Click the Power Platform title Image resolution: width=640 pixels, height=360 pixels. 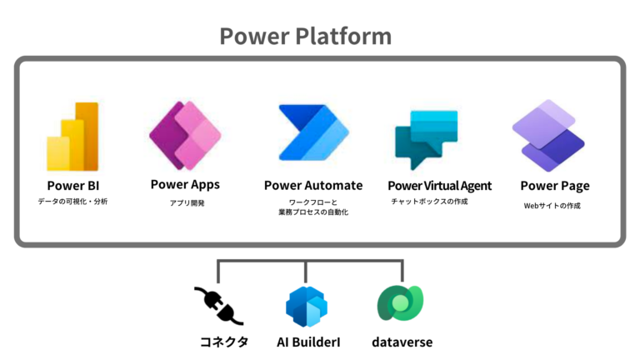[305, 37]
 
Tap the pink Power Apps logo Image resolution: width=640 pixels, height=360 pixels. [184, 135]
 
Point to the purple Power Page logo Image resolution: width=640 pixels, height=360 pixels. [547, 135]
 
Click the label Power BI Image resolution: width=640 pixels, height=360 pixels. [73, 185]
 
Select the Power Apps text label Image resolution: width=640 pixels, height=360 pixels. [185, 183]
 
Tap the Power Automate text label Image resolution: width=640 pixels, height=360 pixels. [313, 185]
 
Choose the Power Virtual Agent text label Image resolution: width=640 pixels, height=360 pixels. [440, 185]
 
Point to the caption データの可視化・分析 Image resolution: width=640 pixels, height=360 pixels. [73, 202]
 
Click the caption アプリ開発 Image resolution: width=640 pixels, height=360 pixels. [185, 202]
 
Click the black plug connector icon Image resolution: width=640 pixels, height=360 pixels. [219, 305]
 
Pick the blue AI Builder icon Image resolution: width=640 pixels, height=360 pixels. [306, 306]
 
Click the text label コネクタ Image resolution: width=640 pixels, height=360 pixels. [220, 341]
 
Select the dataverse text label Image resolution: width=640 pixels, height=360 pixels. [403, 341]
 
